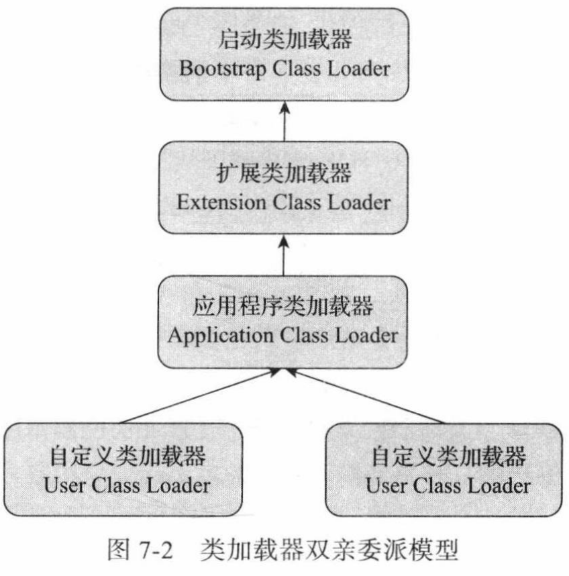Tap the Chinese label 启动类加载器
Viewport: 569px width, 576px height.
(x=285, y=41)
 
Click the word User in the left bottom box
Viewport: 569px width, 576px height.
(x=62, y=485)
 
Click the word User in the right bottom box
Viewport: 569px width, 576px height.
(x=384, y=485)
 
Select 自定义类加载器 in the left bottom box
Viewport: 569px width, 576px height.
(x=127, y=458)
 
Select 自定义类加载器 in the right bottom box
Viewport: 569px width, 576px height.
(x=449, y=458)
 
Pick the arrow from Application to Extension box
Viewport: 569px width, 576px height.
(x=284, y=254)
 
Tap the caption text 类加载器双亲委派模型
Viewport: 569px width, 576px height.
(x=329, y=554)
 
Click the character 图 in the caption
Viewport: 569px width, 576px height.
(x=119, y=554)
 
